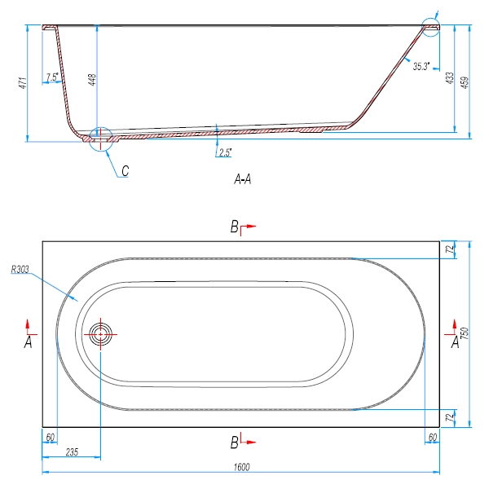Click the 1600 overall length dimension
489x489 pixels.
click(242, 466)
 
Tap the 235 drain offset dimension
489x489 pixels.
click(71, 451)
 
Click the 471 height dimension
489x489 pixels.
click(24, 81)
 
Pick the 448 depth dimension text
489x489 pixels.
click(92, 79)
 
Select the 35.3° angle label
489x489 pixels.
click(421, 67)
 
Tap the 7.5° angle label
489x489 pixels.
click(53, 77)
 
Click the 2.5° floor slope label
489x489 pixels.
click(225, 152)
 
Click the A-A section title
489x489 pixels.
click(241, 180)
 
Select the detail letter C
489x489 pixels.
click(126, 170)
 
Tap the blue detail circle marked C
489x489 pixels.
click(99, 136)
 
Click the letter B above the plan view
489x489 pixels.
click(234, 227)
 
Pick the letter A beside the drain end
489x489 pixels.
click(29, 343)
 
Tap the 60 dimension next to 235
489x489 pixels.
click(51, 438)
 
